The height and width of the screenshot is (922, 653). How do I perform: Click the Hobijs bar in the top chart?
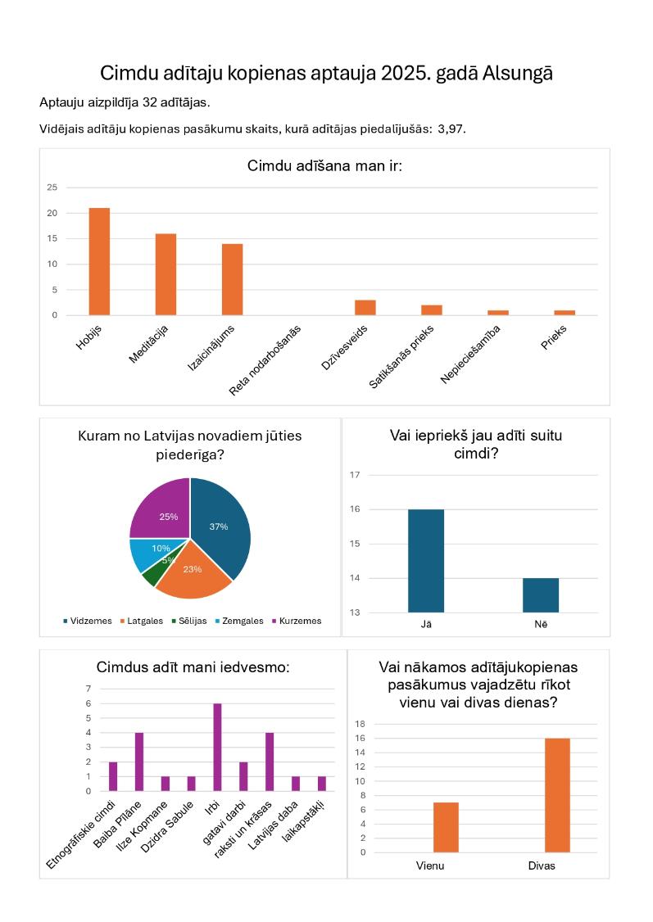click(x=99, y=262)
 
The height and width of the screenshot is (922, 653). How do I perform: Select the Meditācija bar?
click(x=166, y=274)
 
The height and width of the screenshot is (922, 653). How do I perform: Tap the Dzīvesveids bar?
click(x=365, y=308)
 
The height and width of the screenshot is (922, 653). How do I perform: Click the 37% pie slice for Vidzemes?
click(x=220, y=527)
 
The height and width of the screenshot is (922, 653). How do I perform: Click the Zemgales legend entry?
click(x=239, y=621)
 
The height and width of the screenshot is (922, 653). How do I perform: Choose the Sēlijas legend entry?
click(x=189, y=621)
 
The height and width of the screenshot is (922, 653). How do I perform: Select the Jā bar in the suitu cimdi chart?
click(x=426, y=561)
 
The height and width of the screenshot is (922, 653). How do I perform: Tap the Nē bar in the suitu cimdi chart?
click(x=541, y=595)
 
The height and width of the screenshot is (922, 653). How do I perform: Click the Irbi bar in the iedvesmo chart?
click(x=217, y=748)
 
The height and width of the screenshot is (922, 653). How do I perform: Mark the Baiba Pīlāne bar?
click(x=139, y=762)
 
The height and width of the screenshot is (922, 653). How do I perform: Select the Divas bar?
click(x=557, y=796)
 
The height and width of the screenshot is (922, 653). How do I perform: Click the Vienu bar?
click(x=446, y=827)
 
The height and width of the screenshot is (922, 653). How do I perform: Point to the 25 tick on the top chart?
click(x=52, y=188)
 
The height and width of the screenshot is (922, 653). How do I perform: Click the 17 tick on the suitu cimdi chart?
click(x=355, y=475)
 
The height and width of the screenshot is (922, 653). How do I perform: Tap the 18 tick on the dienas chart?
click(x=360, y=724)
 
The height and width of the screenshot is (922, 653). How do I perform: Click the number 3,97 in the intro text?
click(x=451, y=129)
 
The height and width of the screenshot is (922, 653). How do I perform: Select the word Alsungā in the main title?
click(x=518, y=74)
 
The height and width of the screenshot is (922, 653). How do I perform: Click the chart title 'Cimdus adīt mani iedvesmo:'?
click(x=193, y=667)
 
